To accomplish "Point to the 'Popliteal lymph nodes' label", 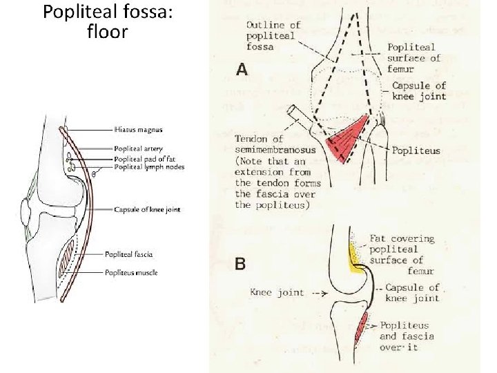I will tap(149, 166).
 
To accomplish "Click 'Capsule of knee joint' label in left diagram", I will tap(147, 210).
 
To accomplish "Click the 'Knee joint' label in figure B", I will tap(277, 292).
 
